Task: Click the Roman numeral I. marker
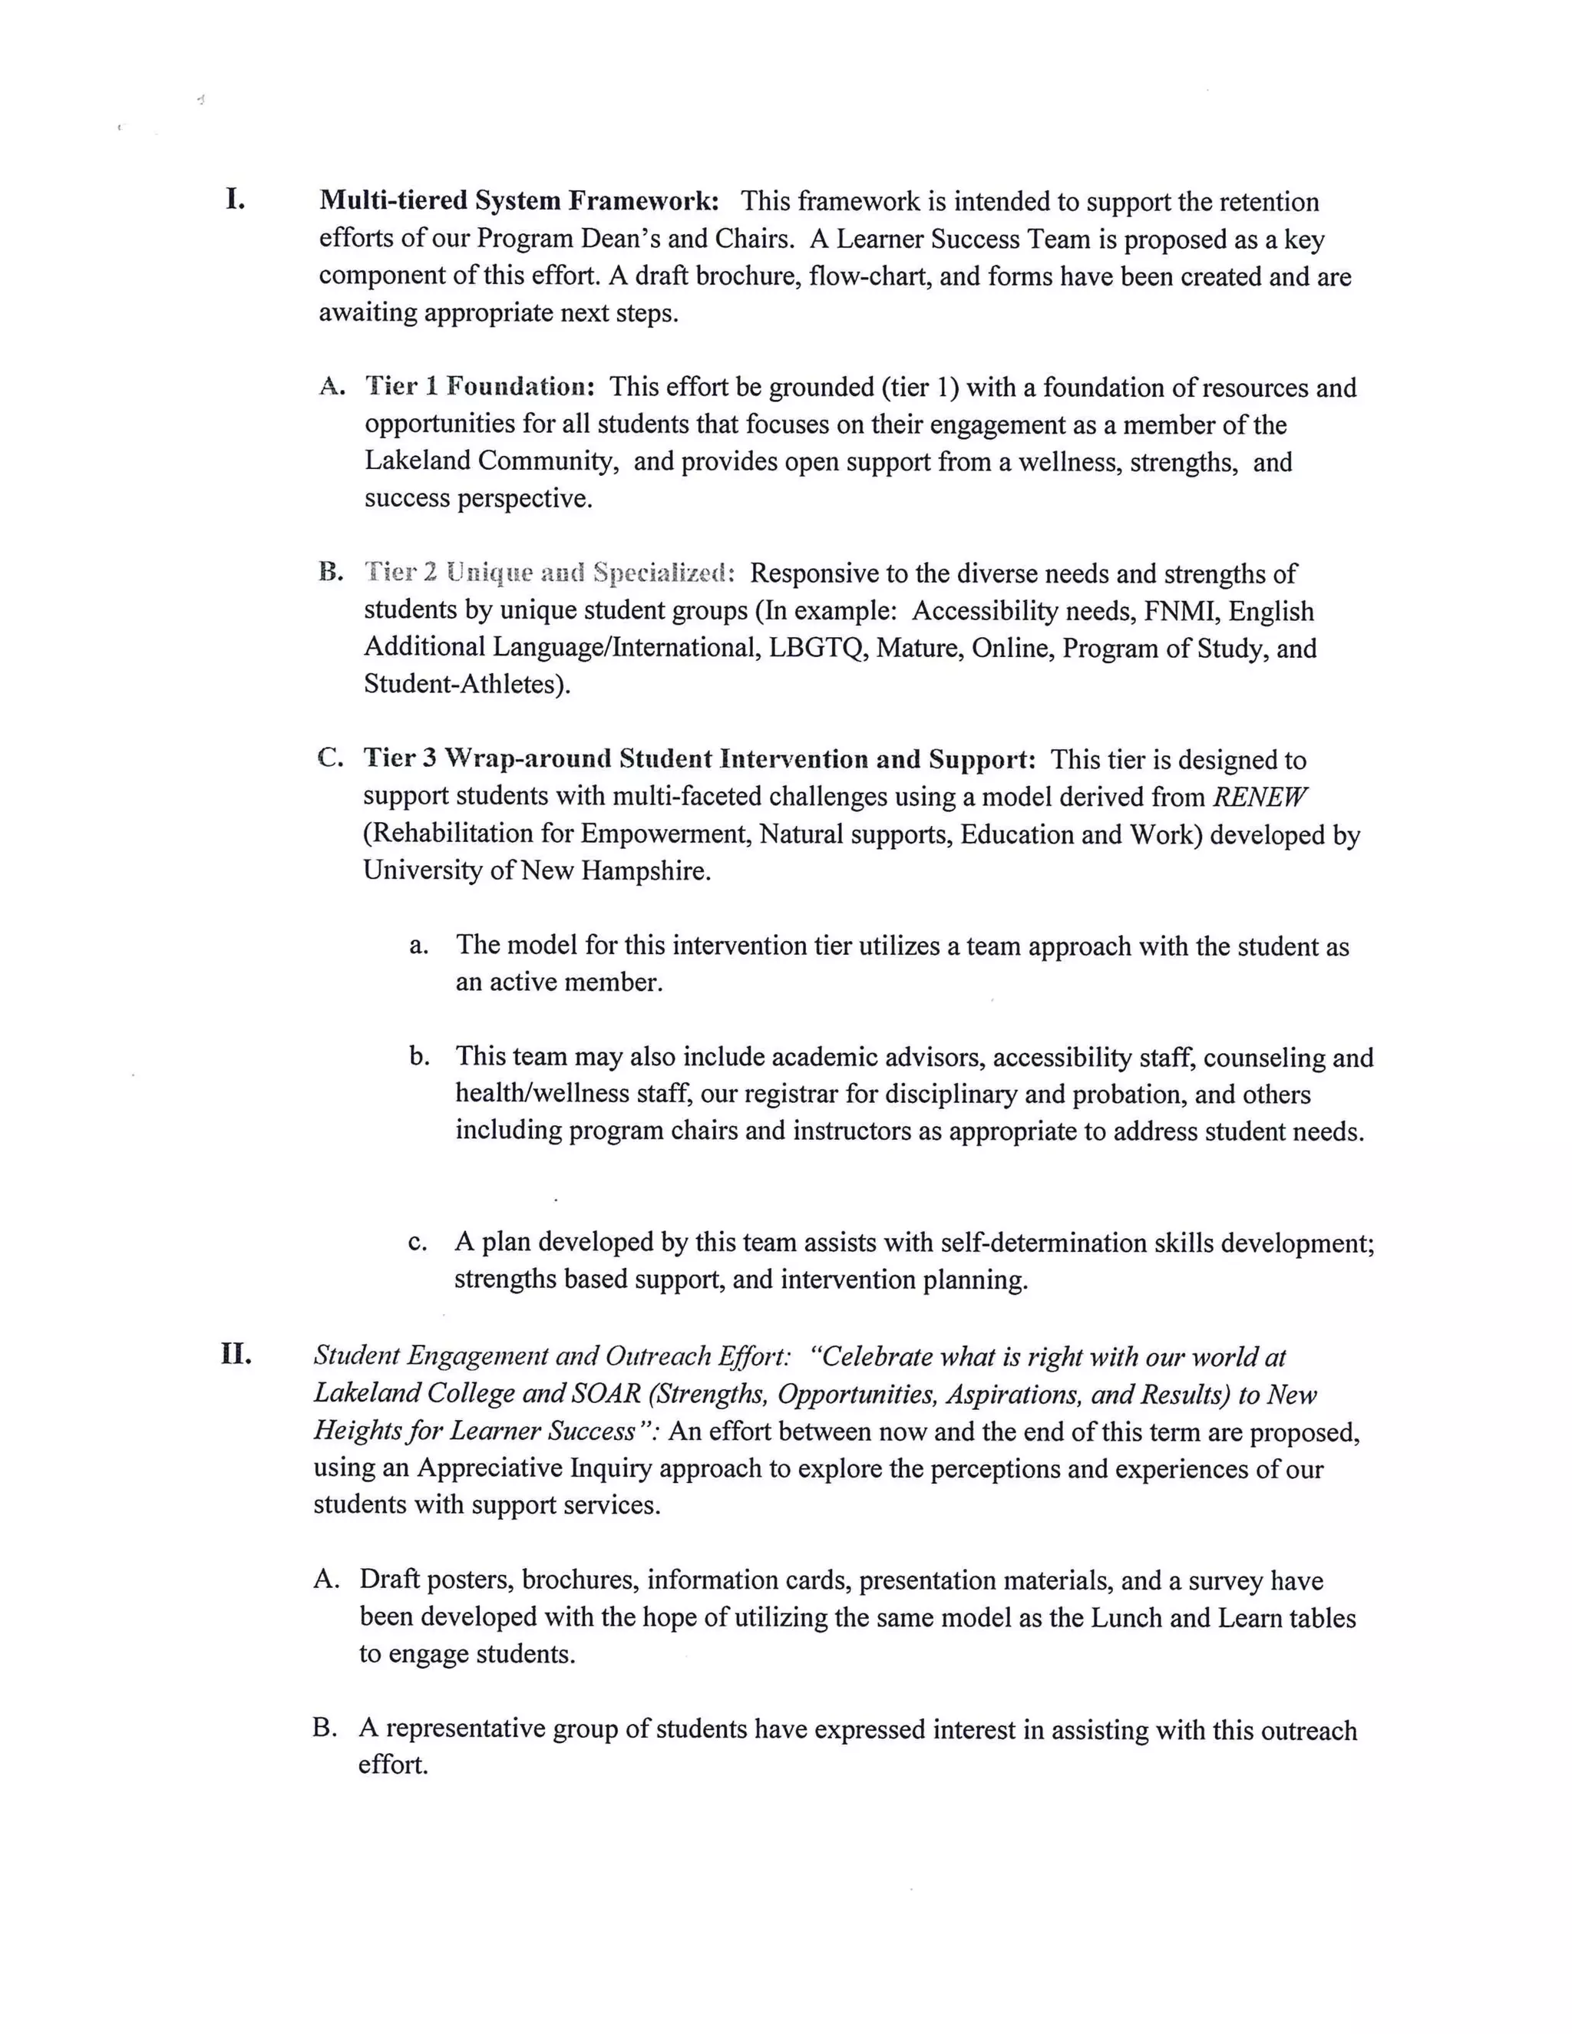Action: (x=235, y=200)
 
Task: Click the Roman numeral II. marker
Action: (x=236, y=1354)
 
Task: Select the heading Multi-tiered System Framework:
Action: (x=519, y=200)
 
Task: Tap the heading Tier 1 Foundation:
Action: (x=480, y=387)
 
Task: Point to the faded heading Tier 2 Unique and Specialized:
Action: (x=550, y=572)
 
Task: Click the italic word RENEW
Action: (x=1260, y=796)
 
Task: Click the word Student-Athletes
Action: (x=463, y=685)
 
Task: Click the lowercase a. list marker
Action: (x=418, y=946)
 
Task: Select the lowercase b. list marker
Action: (x=418, y=1056)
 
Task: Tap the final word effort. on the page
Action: (x=393, y=1765)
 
